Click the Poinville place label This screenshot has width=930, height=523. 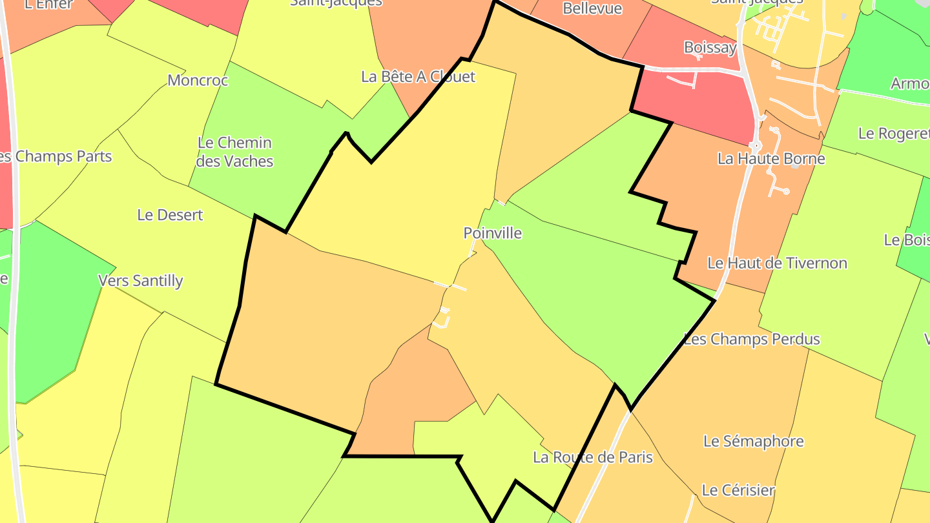[492, 233]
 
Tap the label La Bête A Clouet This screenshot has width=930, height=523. [418, 77]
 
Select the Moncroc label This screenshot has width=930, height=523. [198, 81]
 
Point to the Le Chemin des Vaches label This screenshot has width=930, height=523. [234, 152]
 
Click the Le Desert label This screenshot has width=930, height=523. [170, 215]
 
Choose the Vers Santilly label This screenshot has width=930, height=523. [140, 281]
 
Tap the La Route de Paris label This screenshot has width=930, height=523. [592, 458]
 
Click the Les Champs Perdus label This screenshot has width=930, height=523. [751, 339]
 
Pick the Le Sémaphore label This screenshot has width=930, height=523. [753, 441]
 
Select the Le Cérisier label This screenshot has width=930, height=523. [738, 490]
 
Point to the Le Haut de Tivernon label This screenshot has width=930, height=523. [777, 263]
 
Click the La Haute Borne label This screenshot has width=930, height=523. [771, 159]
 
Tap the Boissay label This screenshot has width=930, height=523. [710, 48]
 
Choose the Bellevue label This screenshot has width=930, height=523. [592, 8]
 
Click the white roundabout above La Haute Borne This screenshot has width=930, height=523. [755, 145]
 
